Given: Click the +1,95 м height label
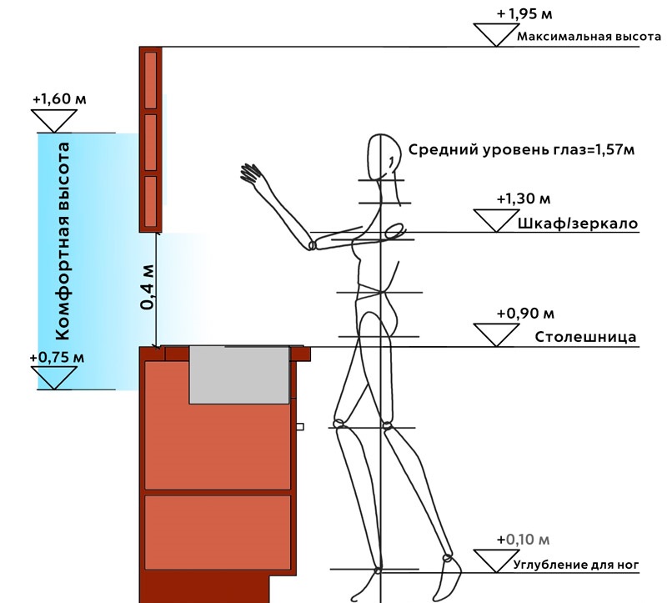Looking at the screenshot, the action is pos(524,13).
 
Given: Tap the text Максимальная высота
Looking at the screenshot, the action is pos(589,36).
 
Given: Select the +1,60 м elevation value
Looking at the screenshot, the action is pos(59,99).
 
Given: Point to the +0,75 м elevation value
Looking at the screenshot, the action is pos(57,358).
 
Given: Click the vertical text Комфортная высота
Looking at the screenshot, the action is pos(63,241).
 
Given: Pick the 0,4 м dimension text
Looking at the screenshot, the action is pos(147,287).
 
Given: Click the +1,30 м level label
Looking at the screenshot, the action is pos(524,198).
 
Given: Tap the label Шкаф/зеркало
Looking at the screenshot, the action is pos(578,224).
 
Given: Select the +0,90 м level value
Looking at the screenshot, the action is pos(525,314).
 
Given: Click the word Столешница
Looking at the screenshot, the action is pos(585,337).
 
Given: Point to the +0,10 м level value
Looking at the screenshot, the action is pos(524,540).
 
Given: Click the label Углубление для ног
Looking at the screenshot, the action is pos(576,565).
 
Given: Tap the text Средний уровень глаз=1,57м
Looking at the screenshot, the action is pos(522,150).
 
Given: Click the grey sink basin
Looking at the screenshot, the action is pos(239,375).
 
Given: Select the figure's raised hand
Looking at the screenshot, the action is pos(251,173).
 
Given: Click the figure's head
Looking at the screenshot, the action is pos(384,157).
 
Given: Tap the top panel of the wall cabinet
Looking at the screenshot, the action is pos(151,80).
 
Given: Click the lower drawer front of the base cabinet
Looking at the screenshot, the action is pos(218,532).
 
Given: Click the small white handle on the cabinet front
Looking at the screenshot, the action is pos(300,426).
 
